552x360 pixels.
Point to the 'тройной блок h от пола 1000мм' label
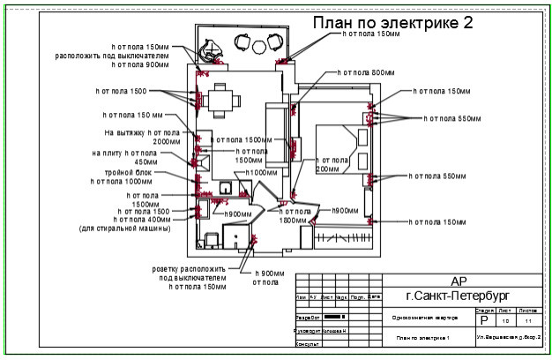[x=133, y=176]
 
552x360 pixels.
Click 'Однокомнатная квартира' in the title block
[x=422, y=318]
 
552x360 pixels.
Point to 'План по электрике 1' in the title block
[x=423, y=338]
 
